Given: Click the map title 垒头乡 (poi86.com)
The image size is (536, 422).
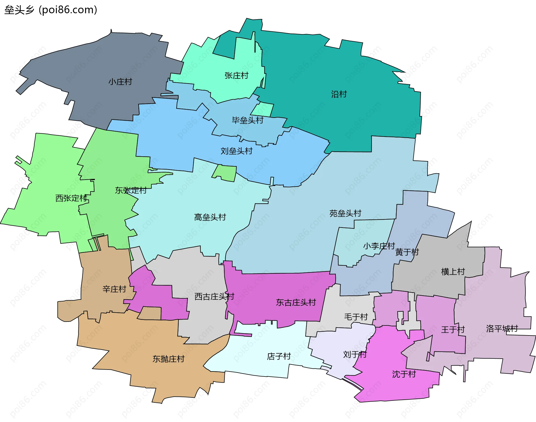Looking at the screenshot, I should point(51,10).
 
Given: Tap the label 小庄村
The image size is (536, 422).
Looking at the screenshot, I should point(120,82).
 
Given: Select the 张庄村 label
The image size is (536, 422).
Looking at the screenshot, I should point(236,76).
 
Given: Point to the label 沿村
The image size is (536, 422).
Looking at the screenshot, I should point(339,94).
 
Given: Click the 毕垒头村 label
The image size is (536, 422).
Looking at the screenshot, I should point(247,120).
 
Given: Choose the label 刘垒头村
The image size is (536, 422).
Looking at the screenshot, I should point(236,151).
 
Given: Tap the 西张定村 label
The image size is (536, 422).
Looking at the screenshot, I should point(71,198).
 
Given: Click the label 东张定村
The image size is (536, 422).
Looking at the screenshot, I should point(131,190).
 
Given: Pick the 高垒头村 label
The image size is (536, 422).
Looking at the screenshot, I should point(210,217).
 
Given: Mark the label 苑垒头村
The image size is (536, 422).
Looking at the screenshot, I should point(345,214).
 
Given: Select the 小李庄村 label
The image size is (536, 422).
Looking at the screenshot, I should point(379,246).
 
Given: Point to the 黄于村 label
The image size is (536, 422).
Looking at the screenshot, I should point(407,252).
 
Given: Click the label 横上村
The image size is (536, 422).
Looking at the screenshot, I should point(453,272).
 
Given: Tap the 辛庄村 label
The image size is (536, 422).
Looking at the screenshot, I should point(114,289).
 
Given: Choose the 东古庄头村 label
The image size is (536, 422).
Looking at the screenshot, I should point(296,302).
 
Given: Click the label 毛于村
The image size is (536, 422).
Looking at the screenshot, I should point(356,317).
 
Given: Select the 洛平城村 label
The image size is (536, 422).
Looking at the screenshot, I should point(502,329).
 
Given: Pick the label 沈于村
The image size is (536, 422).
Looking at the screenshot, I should point(404,374).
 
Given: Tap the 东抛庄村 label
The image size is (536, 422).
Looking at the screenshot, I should point(168,359).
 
